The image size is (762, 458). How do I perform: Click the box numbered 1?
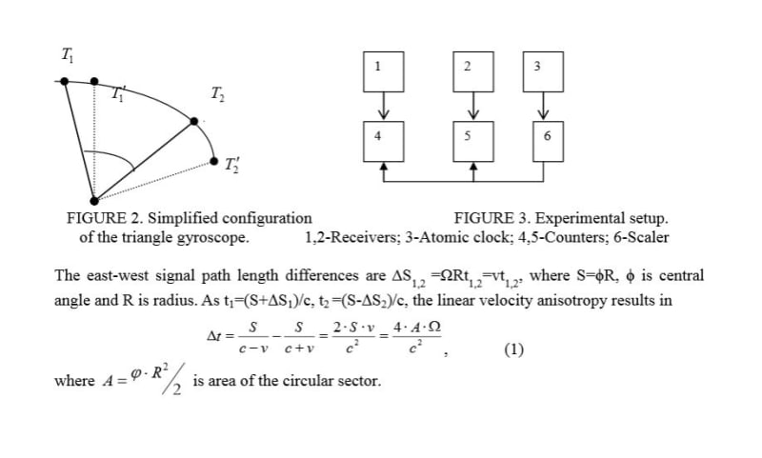pos(378,67)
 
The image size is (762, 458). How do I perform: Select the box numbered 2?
pos(467,67)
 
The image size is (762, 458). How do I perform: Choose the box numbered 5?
pos(468,138)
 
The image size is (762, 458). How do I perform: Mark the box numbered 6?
pos(546,138)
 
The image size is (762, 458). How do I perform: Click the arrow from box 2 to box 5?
pos(468,102)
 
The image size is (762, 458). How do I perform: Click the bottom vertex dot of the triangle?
pos(94,200)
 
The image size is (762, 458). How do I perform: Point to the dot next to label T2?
pos(194,121)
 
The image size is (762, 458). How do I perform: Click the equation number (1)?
pos(513,348)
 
